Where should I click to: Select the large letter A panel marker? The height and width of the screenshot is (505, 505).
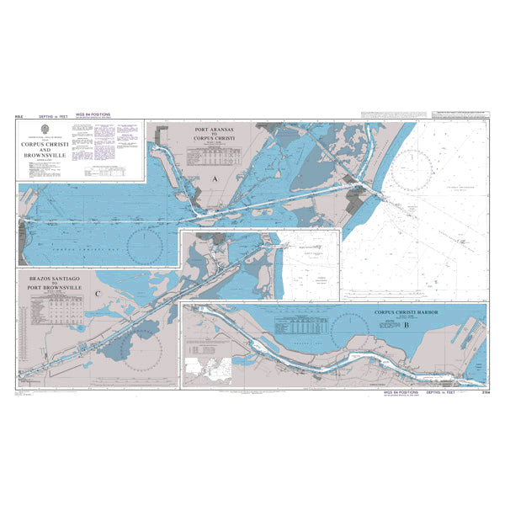(215, 181)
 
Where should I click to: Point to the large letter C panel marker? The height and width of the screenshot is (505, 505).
(98, 294)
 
